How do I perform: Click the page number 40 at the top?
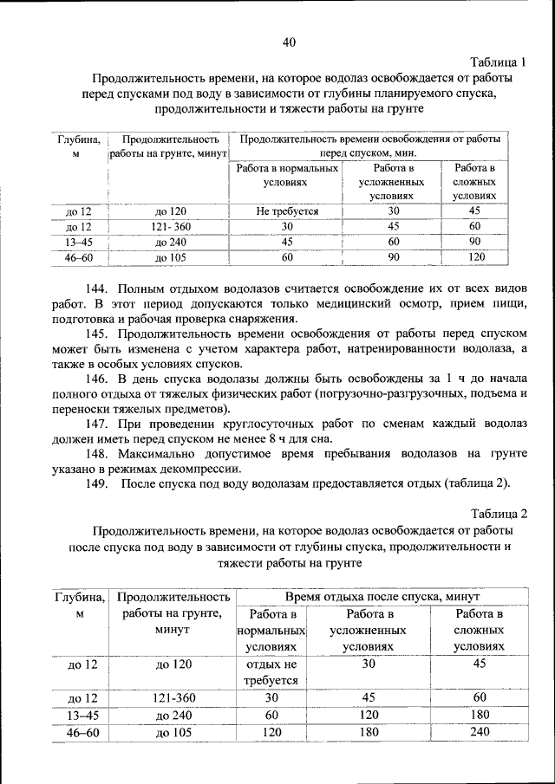pyautogui.click(x=289, y=41)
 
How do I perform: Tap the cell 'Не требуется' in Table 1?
pyautogui.click(x=287, y=211)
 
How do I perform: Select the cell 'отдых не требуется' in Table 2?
pyautogui.click(x=271, y=672)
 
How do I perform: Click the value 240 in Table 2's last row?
pyautogui.click(x=480, y=732)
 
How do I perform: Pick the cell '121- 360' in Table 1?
pyautogui.click(x=172, y=227)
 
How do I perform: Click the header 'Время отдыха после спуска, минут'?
pyautogui.click(x=383, y=597)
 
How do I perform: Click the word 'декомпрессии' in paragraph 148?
pyautogui.click(x=205, y=469)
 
